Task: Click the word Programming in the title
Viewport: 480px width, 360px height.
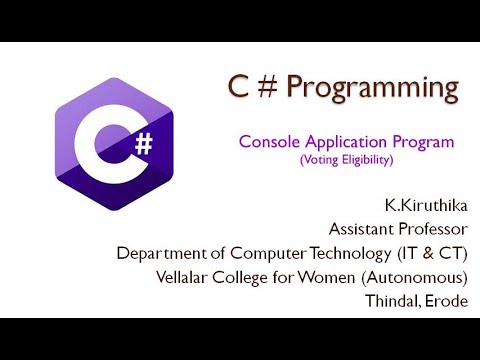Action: (373, 90)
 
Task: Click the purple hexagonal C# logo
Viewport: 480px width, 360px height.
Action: (116, 146)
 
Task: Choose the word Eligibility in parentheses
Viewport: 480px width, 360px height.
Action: (371, 160)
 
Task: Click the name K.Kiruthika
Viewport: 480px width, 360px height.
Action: (428, 205)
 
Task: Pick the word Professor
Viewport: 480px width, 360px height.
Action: (432, 228)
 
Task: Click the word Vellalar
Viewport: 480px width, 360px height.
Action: (212, 276)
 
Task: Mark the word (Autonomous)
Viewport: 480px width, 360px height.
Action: (423, 276)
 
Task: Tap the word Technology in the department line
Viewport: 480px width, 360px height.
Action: (344, 252)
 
